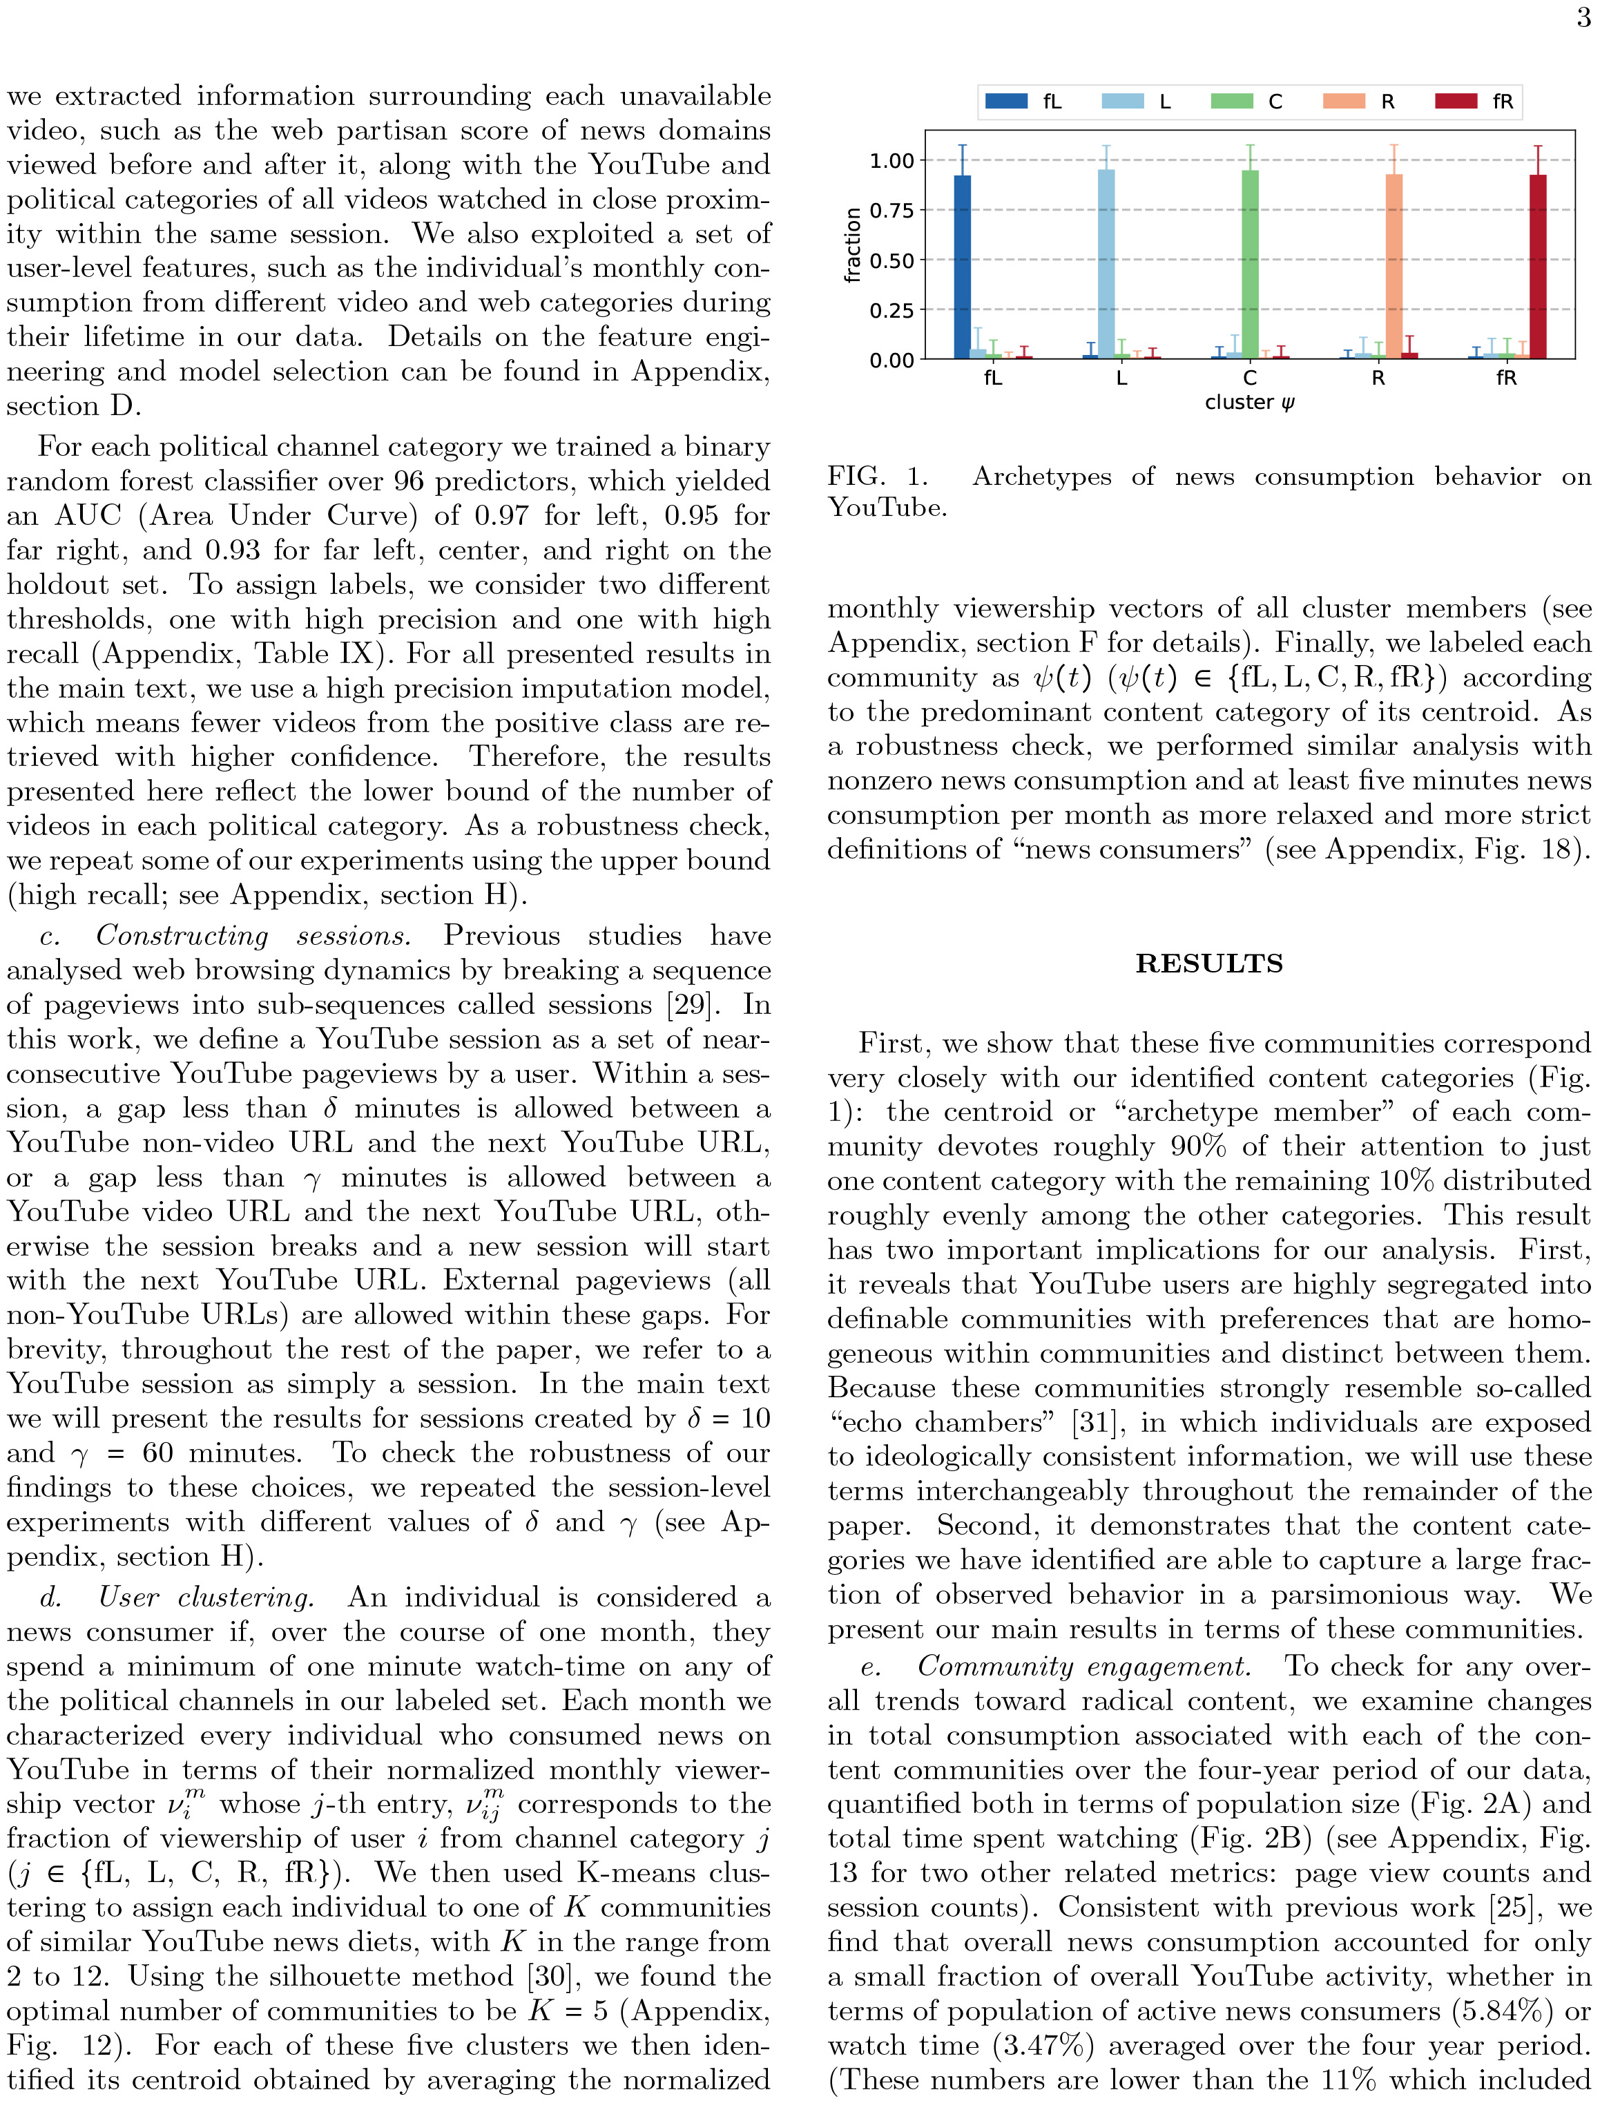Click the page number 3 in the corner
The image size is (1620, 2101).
click(x=1583, y=18)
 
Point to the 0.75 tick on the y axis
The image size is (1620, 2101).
click(x=891, y=211)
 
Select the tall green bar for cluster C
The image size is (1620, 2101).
click(x=1250, y=265)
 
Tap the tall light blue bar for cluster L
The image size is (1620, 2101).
click(x=1106, y=265)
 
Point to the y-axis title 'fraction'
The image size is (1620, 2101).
click(x=851, y=244)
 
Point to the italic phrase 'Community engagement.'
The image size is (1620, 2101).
click(x=1084, y=1666)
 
